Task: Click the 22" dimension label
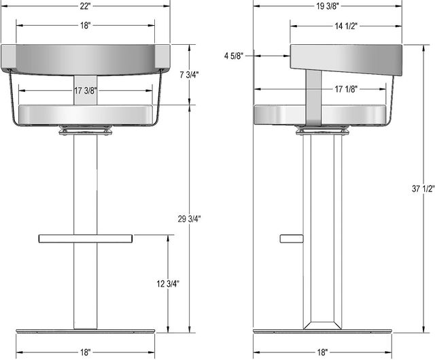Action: click(x=86, y=6)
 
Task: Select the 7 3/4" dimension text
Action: click(x=189, y=75)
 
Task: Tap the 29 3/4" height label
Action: click(x=189, y=219)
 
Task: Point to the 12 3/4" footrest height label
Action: click(x=168, y=284)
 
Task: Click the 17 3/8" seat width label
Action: click(x=86, y=90)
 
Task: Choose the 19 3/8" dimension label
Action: click(x=328, y=6)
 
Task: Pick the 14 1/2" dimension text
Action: click(x=346, y=26)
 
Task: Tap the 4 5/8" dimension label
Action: click(x=234, y=56)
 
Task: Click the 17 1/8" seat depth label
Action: click(x=346, y=89)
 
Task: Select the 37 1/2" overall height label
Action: click(x=423, y=189)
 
